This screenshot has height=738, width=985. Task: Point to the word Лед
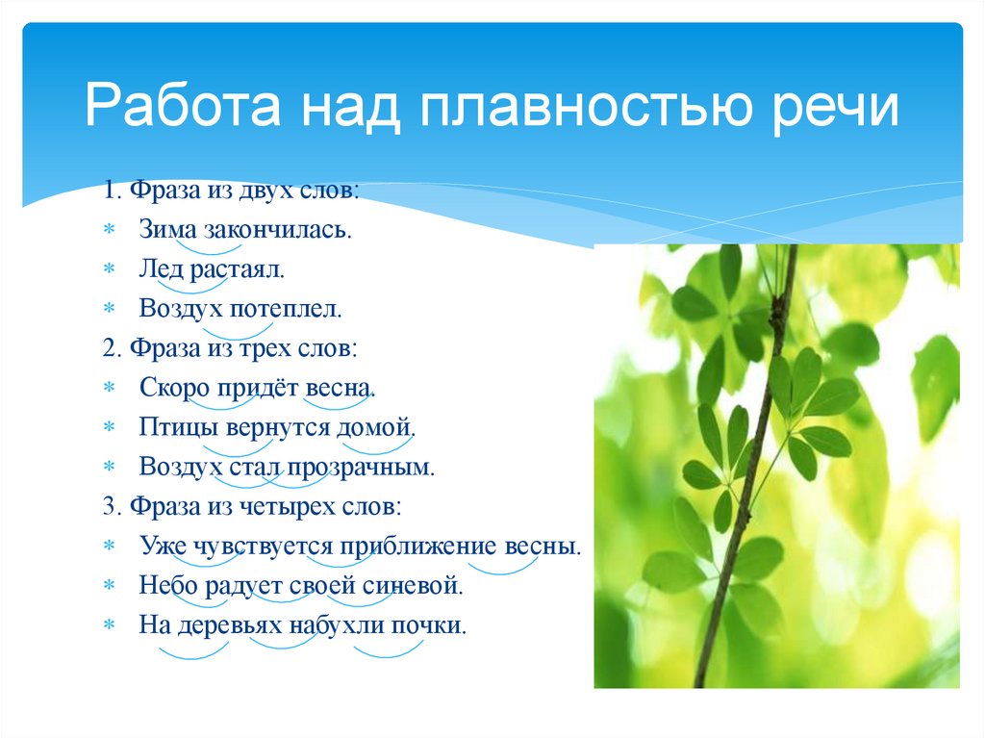tap(161, 270)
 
